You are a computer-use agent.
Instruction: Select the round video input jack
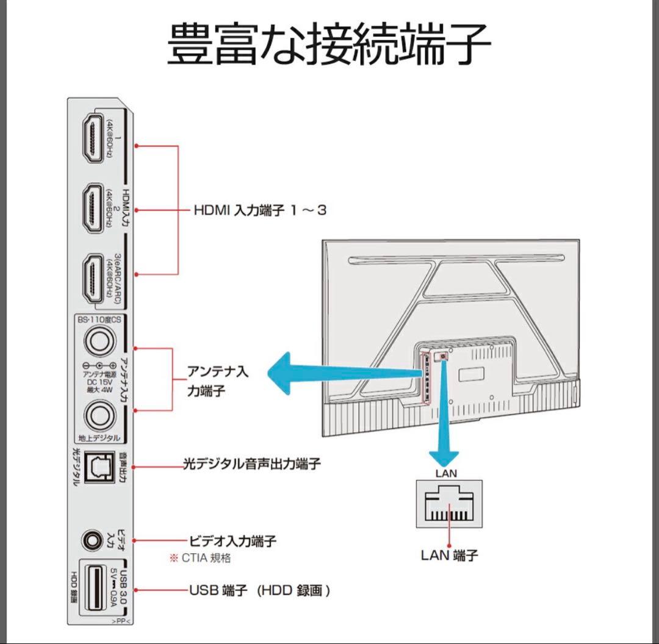click(93, 540)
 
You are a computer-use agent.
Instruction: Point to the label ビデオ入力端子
click(233, 540)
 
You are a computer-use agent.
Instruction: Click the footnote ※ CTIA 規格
click(200, 558)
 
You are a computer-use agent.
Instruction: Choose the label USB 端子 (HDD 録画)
click(260, 590)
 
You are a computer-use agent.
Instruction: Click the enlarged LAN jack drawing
click(449, 504)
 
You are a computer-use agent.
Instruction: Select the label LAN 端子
click(449, 556)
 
